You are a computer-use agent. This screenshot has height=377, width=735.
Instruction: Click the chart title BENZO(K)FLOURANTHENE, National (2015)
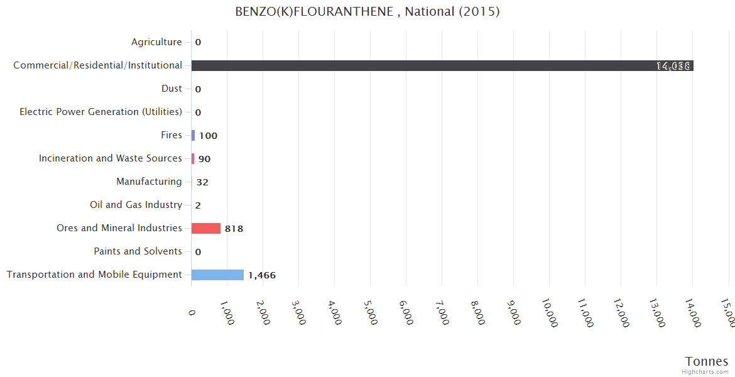coord(367,12)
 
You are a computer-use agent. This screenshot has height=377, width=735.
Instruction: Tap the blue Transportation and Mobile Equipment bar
coord(217,275)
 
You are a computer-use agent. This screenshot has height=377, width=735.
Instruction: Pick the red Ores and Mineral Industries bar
coord(206,228)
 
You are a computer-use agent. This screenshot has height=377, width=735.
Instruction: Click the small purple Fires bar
coord(193,135)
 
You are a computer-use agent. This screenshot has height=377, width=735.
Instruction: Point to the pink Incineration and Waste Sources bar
coord(193,158)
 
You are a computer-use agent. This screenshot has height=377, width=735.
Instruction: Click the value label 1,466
coord(262,275)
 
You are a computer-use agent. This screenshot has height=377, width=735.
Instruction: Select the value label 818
coord(234,229)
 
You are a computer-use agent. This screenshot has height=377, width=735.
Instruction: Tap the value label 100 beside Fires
coord(208,136)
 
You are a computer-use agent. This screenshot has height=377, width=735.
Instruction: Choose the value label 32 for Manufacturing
coord(202,182)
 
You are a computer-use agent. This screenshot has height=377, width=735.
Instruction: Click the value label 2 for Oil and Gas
coord(198,205)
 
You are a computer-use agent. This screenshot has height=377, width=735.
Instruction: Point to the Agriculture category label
coord(156,42)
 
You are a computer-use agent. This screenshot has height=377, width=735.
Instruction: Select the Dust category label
coord(171,89)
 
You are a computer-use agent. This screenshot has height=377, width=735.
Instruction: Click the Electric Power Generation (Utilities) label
coord(101,112)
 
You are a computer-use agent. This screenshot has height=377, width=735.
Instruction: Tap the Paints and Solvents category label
coord(138,251)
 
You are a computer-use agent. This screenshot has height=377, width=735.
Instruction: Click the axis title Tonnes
coord(706,361)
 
